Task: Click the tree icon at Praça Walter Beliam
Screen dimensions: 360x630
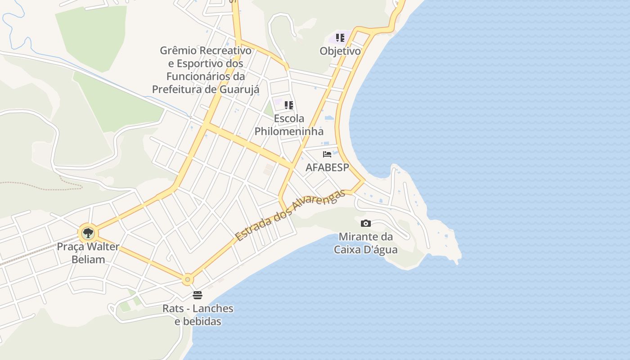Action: tap(88, 233)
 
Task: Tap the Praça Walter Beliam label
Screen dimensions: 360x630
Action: tap(88, 253)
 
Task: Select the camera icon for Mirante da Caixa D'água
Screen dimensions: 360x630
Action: tap(366, 223)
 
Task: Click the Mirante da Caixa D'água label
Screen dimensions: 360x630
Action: tap(366, 243)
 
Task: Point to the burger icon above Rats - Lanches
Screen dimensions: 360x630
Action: tap(198, 295)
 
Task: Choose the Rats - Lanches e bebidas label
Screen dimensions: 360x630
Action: tap(198, 315)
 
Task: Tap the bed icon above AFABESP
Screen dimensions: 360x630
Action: tap(327, 154)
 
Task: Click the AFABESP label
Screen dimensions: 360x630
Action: tap(327, 167)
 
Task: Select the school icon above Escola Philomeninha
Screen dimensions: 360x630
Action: tap(289, 105)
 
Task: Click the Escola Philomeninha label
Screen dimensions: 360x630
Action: tap(289, 125)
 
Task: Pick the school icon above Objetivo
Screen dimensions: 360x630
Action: tap(340, 38)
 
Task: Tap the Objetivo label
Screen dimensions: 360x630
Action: tap(340, 51)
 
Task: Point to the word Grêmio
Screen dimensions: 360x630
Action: tap(179, 50)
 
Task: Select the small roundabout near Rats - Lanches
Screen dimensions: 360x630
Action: tap(188, 279)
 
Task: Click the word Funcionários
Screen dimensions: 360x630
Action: tap(199, 76)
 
